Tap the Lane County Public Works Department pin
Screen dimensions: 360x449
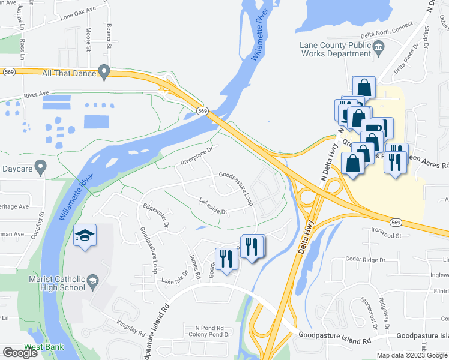[x=378, y=46]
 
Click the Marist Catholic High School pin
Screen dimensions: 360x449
[x=92, y=280]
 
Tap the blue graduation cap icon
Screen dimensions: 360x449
[x=85, y=235]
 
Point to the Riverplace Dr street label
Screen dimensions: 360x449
[x=197, y=157]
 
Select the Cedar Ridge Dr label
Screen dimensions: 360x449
[x=365, y=260]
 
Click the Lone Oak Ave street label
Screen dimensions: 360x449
[x=79, y=14]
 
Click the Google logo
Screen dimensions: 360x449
[x=20, y=353]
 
